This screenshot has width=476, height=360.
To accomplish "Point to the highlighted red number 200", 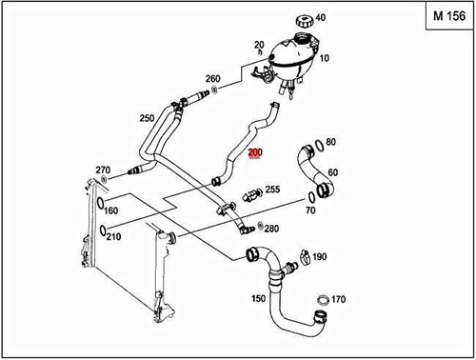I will coord(254,154).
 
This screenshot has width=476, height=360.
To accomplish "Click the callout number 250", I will coord(147,118).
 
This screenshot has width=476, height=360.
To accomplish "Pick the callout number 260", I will coord(212,79).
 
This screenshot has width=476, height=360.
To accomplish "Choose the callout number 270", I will coord(102,170).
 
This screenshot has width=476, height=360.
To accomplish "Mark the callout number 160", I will coord(110,210).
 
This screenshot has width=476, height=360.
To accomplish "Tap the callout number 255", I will coord(272,190).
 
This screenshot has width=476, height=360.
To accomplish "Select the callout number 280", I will coord(271,229).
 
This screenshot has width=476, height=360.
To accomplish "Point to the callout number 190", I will coord(320,257).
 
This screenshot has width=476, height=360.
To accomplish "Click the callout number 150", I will coord(257,299).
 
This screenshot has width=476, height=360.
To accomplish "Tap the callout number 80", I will coord(330,143).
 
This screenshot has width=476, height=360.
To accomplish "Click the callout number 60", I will coord(332,172).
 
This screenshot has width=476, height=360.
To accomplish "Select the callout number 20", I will coord(258,45).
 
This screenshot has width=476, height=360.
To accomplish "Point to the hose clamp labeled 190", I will coord(300,255).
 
